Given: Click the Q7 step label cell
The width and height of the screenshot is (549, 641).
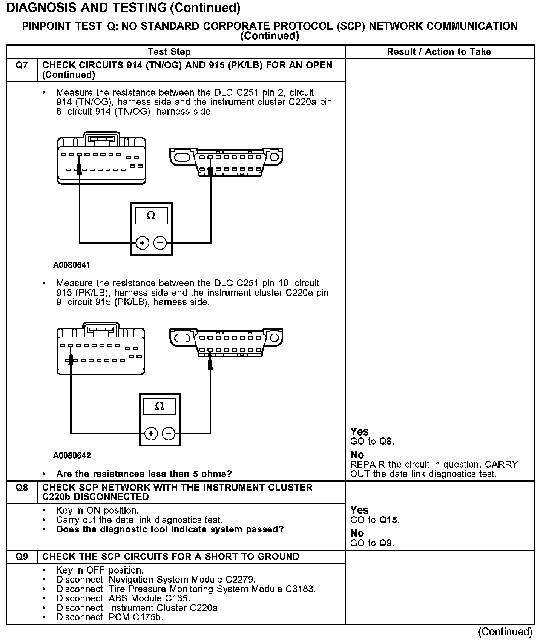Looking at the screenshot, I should coord(22,66).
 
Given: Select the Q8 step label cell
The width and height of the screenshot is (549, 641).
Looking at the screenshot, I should coord(22,488).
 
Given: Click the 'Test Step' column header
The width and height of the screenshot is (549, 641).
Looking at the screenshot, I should coord(169,52).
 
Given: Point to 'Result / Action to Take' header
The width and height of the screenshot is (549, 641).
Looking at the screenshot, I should coord(439,52).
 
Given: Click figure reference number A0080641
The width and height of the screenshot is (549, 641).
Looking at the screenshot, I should coord(72,265).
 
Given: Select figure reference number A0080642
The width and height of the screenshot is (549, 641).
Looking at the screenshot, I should coord(72,455).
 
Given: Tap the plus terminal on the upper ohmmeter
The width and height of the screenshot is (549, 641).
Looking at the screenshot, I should coord(142,243).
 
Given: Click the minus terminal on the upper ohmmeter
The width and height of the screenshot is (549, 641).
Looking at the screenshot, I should coord(160,243).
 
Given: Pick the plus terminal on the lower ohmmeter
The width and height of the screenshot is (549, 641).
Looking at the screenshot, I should coord(151,434).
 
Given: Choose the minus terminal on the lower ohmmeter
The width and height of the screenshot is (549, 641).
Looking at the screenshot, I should coord(169,434).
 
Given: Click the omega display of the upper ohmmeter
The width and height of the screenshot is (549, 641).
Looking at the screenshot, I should coord(151,216).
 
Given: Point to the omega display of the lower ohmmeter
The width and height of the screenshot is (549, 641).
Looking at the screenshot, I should coord(159,406).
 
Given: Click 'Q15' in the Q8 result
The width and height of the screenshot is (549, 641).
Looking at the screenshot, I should coord(388,520).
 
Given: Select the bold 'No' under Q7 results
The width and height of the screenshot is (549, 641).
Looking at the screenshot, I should coord(357,455).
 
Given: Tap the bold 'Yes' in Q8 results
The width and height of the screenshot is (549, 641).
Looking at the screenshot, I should coord(359,510).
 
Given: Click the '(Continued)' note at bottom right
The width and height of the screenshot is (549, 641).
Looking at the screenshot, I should coord(505,632).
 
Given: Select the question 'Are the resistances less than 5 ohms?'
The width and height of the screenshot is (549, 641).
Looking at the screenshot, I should coord(144,474).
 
